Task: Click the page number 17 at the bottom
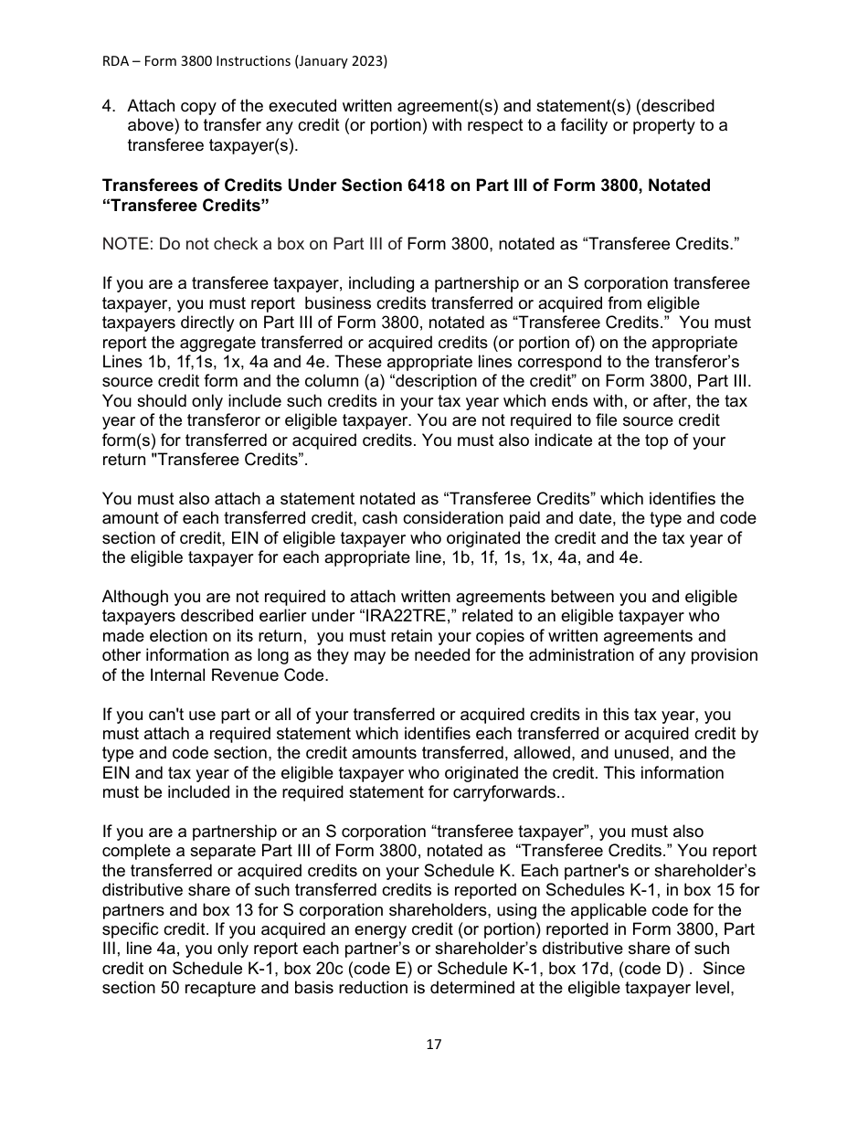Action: (433, 1044)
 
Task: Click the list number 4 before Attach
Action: (108, 107)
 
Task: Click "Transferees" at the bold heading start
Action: (147, 186)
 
